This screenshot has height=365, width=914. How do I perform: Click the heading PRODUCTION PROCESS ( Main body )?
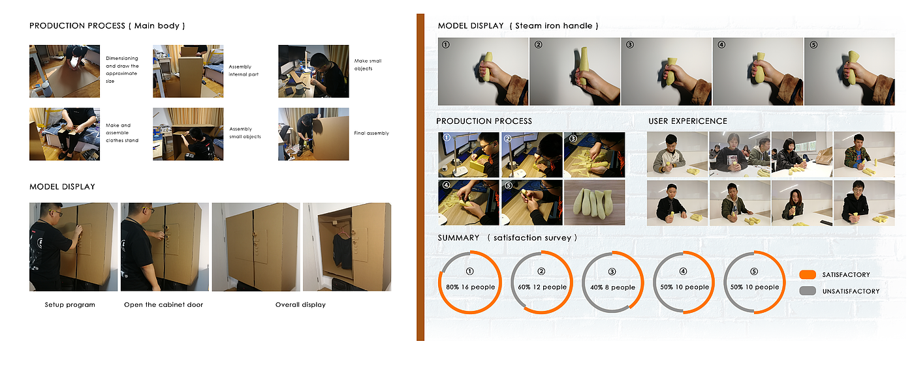click(107, 25)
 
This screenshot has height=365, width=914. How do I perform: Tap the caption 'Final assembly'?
click(371, 133)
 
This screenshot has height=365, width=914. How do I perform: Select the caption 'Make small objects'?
click(368, 65)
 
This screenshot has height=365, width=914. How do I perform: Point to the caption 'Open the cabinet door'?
click(163, 305)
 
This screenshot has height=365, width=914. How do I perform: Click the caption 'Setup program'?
click(70, 305)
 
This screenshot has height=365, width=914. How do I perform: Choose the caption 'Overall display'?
click(300, 305)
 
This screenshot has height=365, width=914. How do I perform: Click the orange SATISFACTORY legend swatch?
click(808, 274)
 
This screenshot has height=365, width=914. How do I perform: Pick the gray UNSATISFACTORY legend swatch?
click(808, 291)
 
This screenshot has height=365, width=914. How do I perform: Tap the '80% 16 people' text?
click(470, 287)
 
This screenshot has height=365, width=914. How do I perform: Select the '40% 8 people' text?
click(612, 287)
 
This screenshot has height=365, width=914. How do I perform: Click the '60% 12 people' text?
click(542, 287)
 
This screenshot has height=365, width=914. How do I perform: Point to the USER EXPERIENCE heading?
click(687, 121)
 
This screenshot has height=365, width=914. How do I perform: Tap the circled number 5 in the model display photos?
click(813, 45)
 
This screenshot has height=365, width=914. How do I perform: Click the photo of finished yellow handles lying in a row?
click(594, 203)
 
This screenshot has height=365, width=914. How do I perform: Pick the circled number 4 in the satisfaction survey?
click(683, 271)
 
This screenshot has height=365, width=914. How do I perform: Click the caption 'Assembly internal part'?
click(243, 70)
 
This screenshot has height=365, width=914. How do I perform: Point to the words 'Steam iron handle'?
click(554, 25)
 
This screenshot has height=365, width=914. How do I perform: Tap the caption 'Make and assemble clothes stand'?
click(122, 133)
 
